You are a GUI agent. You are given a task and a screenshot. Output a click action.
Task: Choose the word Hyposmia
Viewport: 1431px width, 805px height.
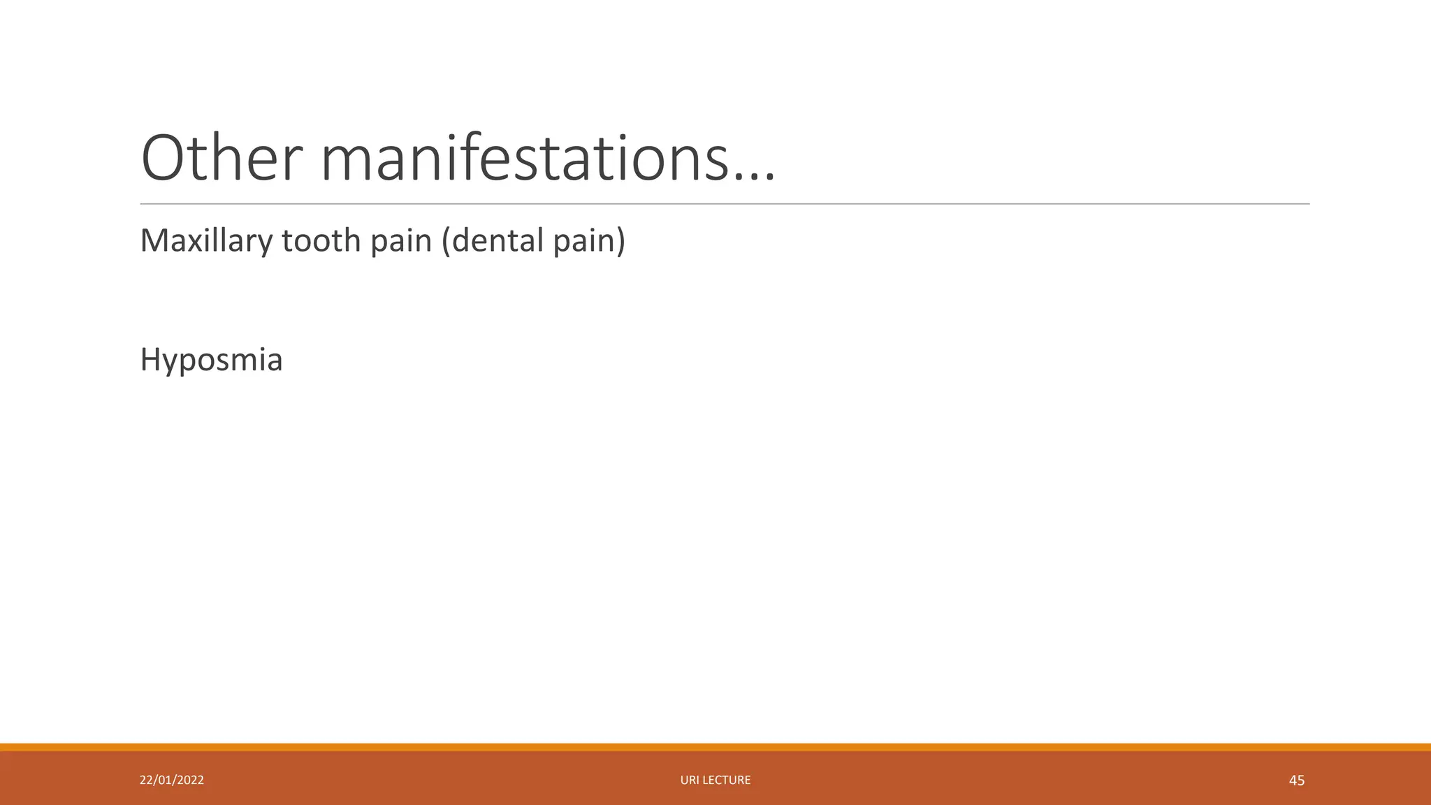coord(211,361)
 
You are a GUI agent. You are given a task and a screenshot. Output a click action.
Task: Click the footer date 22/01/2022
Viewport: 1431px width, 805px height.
coord(172,780)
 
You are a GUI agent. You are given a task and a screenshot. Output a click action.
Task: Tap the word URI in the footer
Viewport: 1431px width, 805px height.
coord(690,780)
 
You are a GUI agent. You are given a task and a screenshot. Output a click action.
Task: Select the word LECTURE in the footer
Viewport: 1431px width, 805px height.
coord(726,780)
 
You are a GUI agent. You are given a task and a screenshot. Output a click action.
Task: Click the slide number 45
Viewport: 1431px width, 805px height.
coord(1296,781)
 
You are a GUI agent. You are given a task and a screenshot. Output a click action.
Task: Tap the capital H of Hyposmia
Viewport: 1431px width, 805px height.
coord(151,360)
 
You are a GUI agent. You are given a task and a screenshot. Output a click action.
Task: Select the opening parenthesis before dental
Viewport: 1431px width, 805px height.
coord(446,241)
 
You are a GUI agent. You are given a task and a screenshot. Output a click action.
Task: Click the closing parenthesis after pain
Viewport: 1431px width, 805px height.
coord(620,241)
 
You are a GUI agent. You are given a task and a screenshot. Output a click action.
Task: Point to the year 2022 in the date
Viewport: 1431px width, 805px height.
coord(190,780)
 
